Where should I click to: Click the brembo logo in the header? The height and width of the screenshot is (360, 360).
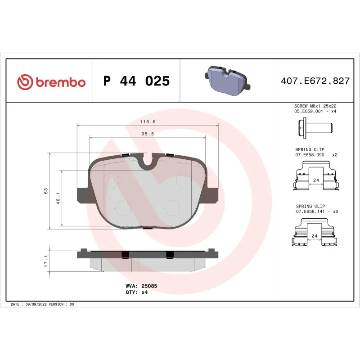[x=51, y=82]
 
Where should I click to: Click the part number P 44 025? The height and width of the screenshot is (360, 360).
[x=136, y=81]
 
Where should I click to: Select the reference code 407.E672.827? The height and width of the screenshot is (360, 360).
[x=315, y=81]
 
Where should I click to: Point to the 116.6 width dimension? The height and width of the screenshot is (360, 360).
[x=148, y=122]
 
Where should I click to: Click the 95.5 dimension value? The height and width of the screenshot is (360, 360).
[x=148, y=134]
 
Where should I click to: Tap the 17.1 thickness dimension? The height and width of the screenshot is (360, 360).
[x=46, y=261]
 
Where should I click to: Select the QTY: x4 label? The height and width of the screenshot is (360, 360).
[x=136, y=292]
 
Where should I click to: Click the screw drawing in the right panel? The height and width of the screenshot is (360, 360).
[x=317, y=128]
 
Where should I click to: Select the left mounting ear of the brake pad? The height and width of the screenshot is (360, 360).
[x=83, y=194]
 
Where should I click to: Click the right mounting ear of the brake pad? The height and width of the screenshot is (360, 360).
[x=213, y=194]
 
